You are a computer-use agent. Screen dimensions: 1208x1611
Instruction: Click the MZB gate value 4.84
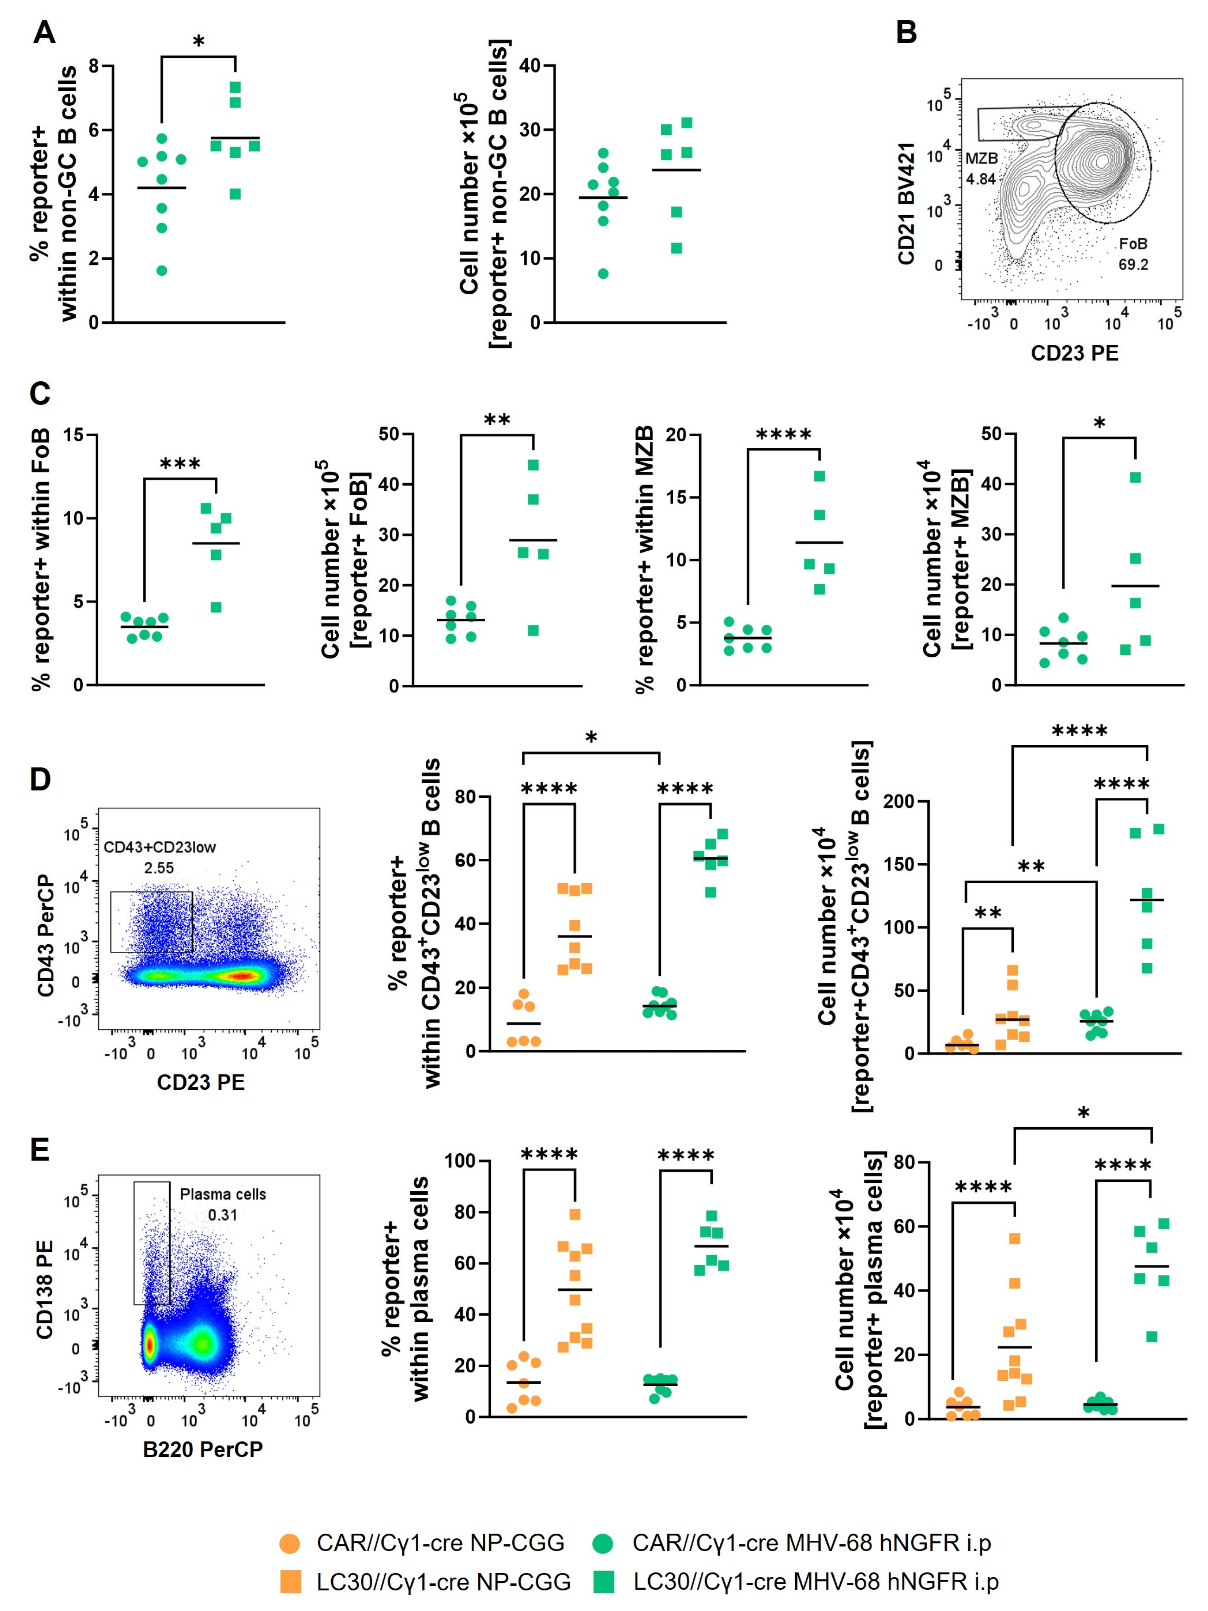click(981, 179)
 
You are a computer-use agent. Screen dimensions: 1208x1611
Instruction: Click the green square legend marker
click(604, 1582)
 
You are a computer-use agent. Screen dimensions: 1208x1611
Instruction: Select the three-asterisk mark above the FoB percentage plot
click(180, 464)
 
